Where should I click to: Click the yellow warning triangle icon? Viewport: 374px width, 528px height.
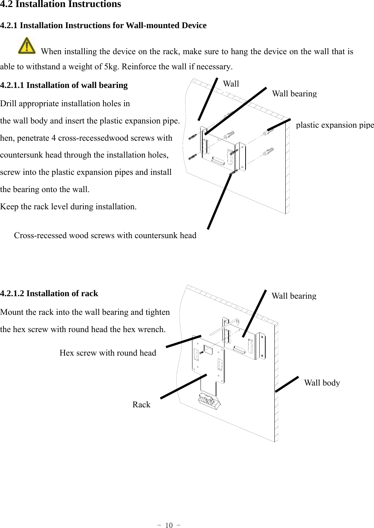tap(27, 46)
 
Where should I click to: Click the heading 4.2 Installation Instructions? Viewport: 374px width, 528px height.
tap(61, 5)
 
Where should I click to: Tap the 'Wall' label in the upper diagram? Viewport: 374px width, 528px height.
tap(231, 84)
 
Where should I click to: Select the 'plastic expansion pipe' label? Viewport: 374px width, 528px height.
tap(335, 125)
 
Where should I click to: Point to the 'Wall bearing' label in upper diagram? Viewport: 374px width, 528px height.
tap(294, 94)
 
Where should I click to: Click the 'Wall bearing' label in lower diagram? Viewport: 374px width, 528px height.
tap(294, 296)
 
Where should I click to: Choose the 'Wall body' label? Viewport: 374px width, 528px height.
tap(322, 383)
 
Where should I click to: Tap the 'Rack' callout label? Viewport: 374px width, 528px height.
tap(141, 405)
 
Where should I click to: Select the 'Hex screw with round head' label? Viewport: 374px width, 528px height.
tap(108, 353)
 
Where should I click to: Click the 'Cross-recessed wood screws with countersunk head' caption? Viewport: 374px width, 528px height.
tap(105, 235)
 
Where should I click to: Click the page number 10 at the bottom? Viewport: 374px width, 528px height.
tap(169, 525)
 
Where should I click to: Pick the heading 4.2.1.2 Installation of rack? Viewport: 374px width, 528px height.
tap(49, 293)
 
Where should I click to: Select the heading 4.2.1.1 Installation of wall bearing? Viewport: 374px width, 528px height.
tap(64, 85)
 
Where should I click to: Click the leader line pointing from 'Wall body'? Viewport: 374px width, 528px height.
tap(287, 384)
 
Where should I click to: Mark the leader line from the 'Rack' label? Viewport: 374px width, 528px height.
tap(183, 386)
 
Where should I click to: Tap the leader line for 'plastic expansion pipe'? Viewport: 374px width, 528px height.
tap(279, 125)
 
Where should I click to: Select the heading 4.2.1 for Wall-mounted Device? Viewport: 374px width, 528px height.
tap(103, 25)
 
